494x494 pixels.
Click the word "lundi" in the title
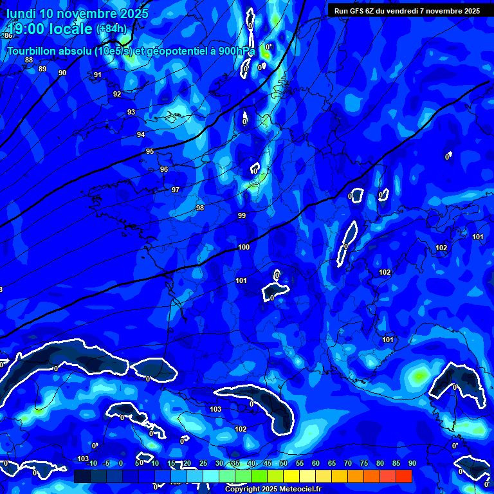21,14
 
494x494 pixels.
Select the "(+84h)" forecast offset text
113,29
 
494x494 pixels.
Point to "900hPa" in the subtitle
235,50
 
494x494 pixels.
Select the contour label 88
29,60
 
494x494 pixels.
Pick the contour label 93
131,112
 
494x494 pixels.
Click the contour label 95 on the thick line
150,151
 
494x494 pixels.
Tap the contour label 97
176,190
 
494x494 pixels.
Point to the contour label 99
242,215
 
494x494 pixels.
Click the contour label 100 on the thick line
244,247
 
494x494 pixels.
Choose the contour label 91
98,75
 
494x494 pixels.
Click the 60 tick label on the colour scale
315,463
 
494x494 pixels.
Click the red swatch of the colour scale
403,476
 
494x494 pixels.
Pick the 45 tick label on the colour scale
267,463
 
